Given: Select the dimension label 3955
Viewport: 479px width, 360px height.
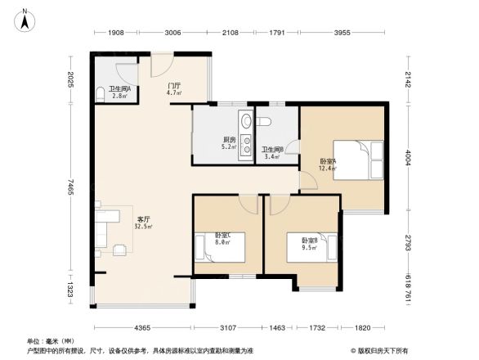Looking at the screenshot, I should [342, 33].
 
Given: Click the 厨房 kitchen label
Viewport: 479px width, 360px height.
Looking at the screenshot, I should [229, 140].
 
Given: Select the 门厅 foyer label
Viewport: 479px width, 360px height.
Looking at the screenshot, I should [173, 85].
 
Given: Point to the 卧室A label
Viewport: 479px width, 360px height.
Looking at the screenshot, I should [327, 161].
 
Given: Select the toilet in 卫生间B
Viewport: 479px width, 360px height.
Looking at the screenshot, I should [264, 122].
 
